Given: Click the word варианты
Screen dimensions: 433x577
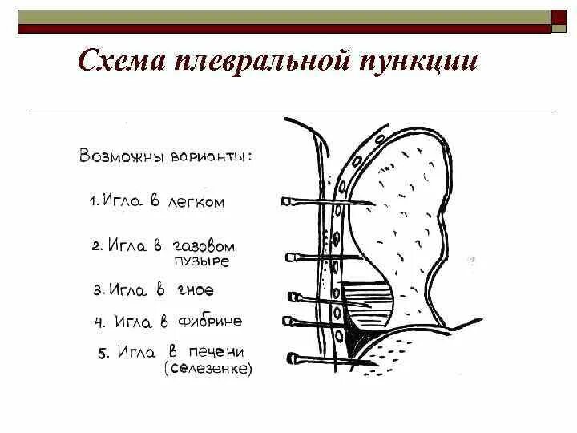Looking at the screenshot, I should point(210,155).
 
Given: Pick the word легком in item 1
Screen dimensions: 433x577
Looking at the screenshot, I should point(196,203).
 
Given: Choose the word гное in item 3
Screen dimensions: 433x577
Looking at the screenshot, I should point(196,289).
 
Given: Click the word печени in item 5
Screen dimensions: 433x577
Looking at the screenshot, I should point(217,352).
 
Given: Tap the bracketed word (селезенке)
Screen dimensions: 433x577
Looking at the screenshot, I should point(208,369).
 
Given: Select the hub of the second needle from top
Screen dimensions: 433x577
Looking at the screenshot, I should point(290,257).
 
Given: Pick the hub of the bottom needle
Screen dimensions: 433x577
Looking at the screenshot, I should point(290,358).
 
